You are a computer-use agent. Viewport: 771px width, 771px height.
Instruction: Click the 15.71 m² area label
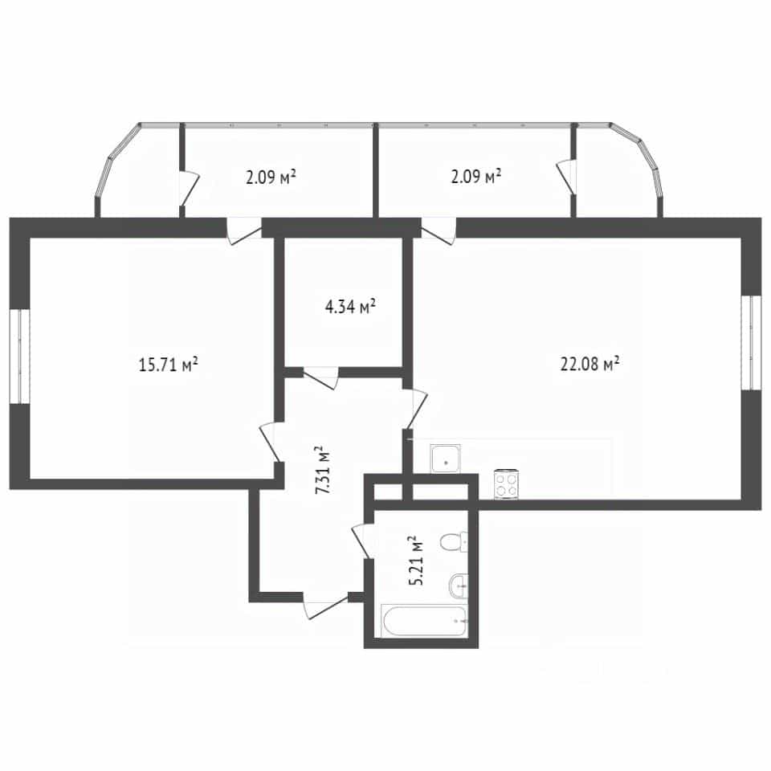pos(168,365)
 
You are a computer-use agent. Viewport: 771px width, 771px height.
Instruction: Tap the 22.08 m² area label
pos(589,364)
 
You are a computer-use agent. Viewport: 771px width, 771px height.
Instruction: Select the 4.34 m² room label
pos(350,307)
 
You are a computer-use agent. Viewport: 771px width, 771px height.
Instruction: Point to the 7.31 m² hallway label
pos(323,470)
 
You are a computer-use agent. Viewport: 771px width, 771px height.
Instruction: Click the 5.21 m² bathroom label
pos(416,560)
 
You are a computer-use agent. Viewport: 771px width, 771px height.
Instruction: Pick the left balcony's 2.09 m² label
pos(271,177)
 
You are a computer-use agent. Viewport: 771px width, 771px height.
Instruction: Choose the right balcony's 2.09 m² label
pos(476,176)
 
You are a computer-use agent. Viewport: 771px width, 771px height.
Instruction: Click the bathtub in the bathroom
pos(424,621)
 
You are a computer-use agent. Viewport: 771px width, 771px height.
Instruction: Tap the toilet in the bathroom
pos(453,542)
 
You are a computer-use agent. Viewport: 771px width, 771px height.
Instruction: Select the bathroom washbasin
pos(459,586)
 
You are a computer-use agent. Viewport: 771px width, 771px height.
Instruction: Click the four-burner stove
pos(507,484)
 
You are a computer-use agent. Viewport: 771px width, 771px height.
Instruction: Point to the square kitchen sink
pos(446,459)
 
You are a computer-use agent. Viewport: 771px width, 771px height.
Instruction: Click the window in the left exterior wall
pos(19,357)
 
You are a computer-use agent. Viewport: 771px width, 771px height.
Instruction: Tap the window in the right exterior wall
pos(751,342)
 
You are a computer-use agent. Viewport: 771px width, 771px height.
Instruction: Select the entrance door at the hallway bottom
pos(325,606)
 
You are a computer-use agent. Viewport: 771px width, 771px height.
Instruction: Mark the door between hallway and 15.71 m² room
pos(271,442)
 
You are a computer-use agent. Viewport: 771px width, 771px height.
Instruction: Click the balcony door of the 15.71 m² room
pos(244,231)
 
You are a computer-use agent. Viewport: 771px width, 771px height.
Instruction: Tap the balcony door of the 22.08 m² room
pos(439,231)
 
